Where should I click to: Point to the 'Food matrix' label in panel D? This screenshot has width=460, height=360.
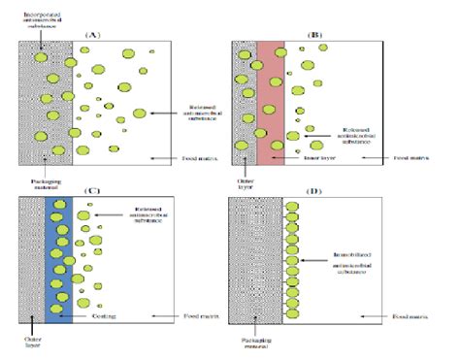pyautogui.click(x=414, y=316)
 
